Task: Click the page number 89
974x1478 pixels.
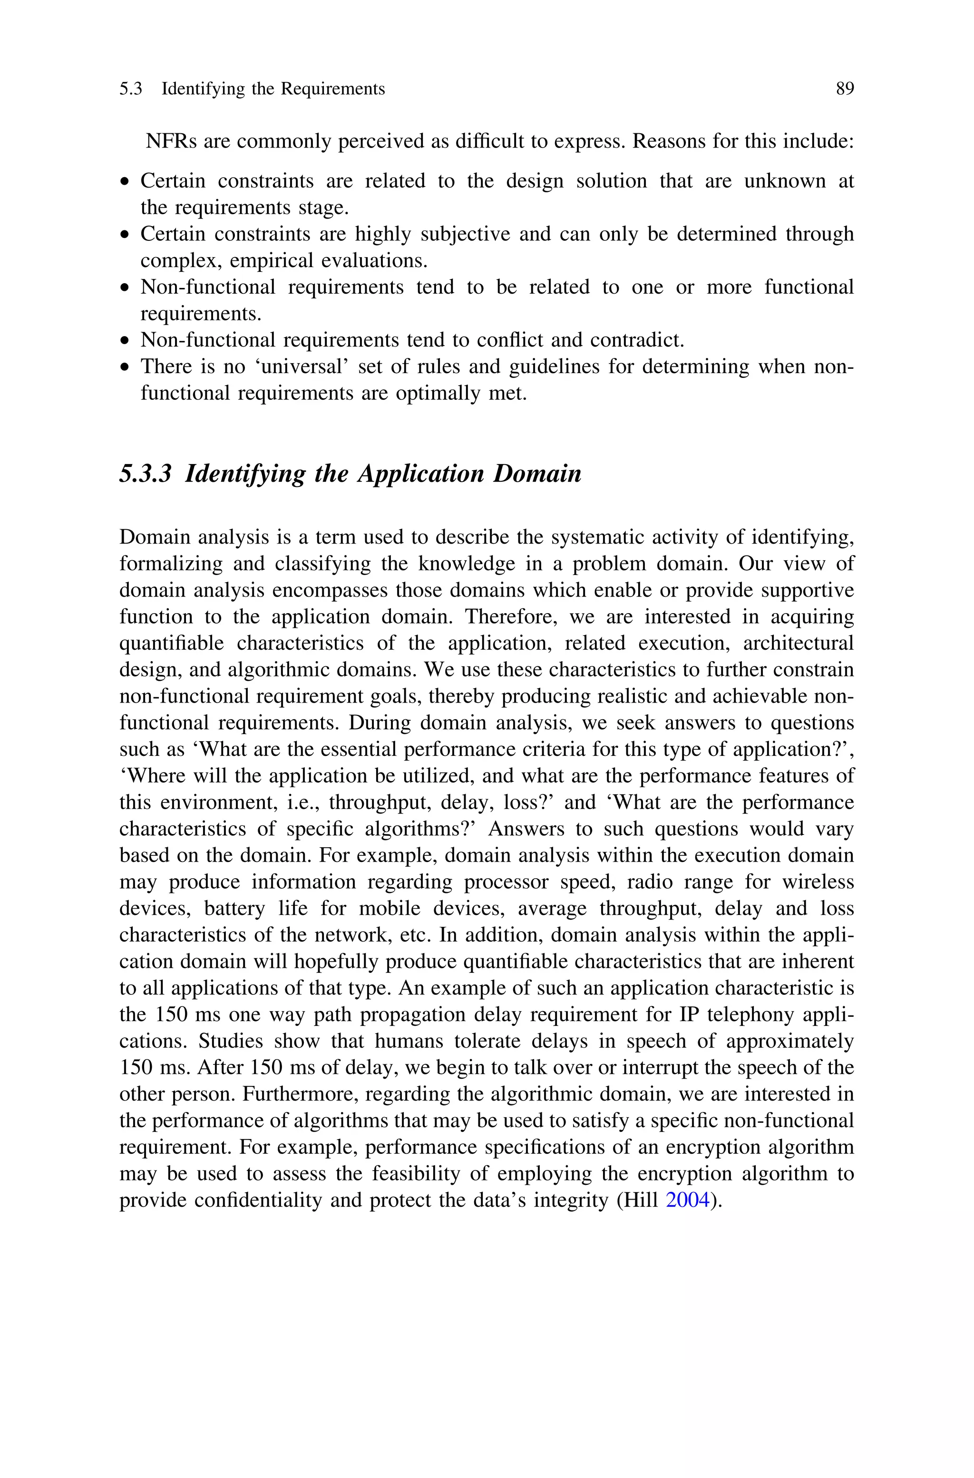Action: click(844, 89)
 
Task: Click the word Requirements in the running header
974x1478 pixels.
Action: click(333, 89)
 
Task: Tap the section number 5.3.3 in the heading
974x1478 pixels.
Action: click(145, 474)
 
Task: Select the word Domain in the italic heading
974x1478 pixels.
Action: click(537, 474)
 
